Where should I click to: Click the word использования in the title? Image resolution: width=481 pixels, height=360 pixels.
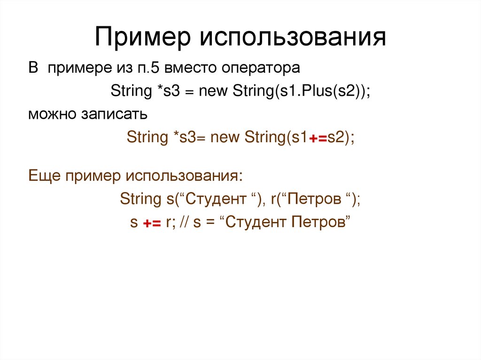(292, 38)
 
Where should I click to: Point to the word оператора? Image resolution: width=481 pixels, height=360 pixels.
(261, 69)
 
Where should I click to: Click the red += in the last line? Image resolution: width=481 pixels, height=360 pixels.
(152, 223)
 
